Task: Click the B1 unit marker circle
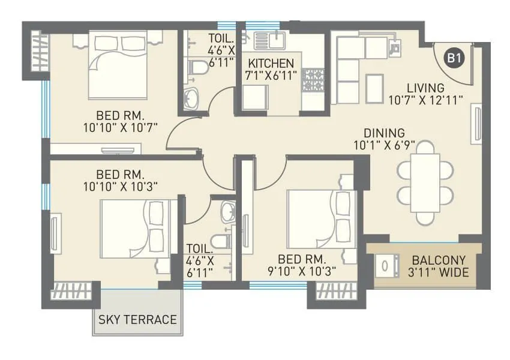454,58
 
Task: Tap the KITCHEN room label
272,64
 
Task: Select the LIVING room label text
425,88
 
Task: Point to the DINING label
384,133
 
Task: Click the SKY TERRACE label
137,319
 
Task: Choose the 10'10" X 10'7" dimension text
119,127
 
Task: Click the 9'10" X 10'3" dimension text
302,271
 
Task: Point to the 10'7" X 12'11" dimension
425,100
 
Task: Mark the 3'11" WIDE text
439,273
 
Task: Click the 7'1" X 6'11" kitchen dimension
272,76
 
